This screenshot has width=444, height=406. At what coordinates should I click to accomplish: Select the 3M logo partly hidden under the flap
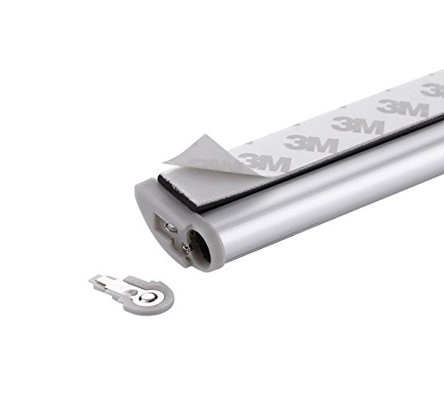pos(265,162)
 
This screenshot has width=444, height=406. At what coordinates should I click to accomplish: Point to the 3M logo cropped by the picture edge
pos(432,90)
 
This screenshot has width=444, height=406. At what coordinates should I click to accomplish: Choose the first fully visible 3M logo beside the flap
pos(311,144)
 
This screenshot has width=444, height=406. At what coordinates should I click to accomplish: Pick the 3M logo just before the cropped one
pos(402,108)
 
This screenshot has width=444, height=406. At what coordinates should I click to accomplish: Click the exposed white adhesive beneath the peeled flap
pos(204,183)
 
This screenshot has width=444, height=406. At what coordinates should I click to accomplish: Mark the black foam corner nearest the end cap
pos(160,177)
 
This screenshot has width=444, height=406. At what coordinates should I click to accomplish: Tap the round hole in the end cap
pos(201,246)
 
